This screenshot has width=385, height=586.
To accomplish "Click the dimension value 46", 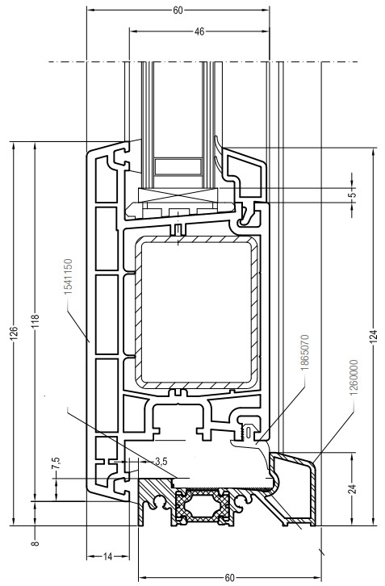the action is pyautogui.click(x=199, y=31).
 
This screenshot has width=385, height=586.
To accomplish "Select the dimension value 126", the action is pyautogui.click(x=14, y=332).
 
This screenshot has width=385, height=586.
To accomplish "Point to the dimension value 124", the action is pyautogui.click(x=375, y=337).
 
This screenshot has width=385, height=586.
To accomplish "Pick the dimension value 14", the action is pyautogui.click(x=107, y=557).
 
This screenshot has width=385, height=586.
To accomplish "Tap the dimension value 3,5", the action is pyautogui.click(x=161, y=462).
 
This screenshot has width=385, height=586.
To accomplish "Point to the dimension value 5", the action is pyautogui.click(x=354, y=195).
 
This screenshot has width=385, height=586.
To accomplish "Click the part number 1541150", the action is pyautogui.click(x=68, y=277).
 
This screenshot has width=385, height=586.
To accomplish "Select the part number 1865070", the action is pyautogui.click(x=304, y=353).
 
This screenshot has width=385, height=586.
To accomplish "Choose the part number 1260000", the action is pyautogui.click(x=354, y=378).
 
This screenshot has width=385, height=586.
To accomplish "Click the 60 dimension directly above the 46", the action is pyautogui.click(x=178, y=10).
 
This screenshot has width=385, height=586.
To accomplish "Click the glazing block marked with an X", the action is pyautogui.click(x=178, y=195).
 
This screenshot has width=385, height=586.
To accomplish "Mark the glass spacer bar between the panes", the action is pyautogui.click(x=178, y=167).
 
